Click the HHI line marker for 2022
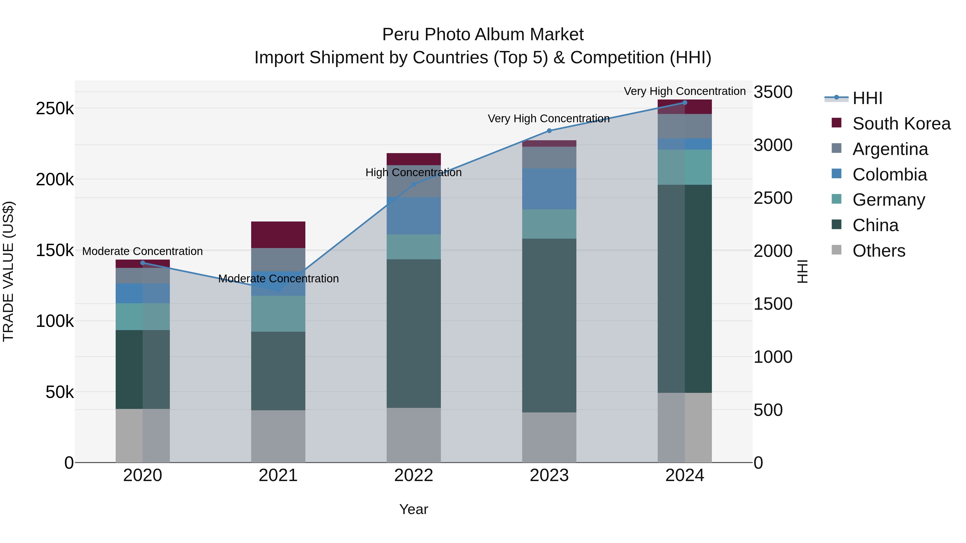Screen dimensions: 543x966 point(414,184)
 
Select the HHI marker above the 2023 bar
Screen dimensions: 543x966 point(549,131)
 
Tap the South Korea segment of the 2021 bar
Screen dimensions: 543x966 point(278,235)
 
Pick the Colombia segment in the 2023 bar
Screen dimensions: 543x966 point(549,189)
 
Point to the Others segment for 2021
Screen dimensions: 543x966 point(278,436)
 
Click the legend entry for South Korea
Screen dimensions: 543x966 point(901,124)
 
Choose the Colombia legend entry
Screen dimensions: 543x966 point(889,175)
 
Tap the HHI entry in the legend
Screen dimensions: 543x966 point(867,98)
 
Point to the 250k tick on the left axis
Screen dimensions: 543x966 point(55,109)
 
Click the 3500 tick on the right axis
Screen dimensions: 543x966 point(773,92)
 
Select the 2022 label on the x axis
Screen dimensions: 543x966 point(414,475)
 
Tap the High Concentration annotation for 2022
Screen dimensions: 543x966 point(414,172)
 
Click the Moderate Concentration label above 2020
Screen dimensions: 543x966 point(142,251)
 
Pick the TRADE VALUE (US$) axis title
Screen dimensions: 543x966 point(8,271)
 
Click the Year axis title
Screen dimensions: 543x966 point(414,509)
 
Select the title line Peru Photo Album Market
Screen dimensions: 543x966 point(483,35)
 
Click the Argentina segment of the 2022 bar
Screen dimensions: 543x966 point(414,181)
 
